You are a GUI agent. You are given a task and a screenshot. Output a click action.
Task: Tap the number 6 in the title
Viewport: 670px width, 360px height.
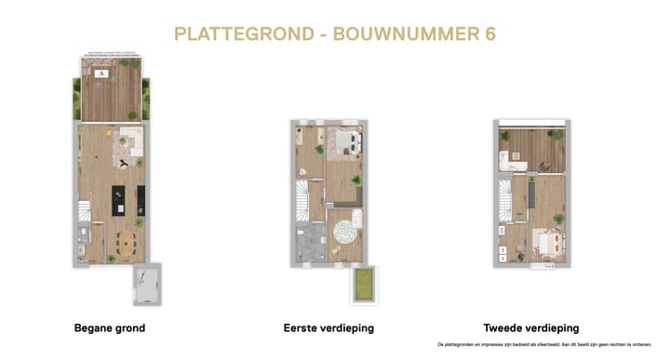[489, 34]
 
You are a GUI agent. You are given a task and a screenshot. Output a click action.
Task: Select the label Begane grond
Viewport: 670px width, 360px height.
[109, 328]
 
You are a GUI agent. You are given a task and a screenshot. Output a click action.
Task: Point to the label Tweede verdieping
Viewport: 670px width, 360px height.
[531, 328]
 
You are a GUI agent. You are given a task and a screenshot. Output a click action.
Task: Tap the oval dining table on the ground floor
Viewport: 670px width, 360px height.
[127, 245]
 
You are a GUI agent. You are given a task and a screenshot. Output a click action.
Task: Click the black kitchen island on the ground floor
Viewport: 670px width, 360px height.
[117, 200]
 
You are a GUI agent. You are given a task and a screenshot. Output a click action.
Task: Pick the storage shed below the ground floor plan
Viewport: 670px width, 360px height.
[148, 283]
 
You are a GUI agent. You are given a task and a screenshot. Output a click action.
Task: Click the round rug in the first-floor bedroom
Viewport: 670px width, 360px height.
[347, 227]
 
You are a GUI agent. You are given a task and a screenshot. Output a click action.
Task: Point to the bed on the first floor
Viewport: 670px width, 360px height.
[345, 141]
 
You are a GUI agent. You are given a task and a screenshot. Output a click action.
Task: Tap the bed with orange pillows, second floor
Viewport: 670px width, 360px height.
[546, 244]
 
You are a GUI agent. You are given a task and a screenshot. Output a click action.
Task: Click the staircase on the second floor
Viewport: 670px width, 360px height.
[503, 200]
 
